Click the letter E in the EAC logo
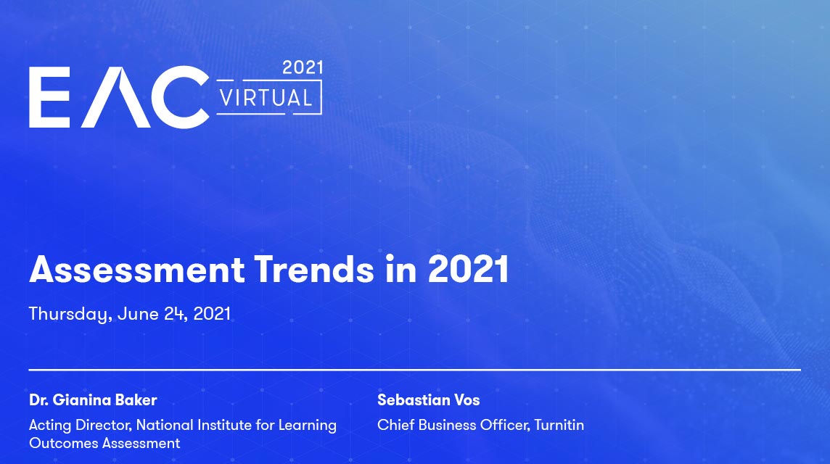point(49,97)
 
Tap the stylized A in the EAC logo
point(116,97)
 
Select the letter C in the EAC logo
point(180,97)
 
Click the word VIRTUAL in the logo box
point(266,99)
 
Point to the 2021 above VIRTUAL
point(303,67)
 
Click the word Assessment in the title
point(137,269)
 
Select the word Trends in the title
point(314,269)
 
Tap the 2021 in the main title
point(469,269)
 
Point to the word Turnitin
point(559,425)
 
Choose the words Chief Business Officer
point(453,425)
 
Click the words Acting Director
point(81,425)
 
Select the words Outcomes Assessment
point(104,443)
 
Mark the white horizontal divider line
point(414,370)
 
